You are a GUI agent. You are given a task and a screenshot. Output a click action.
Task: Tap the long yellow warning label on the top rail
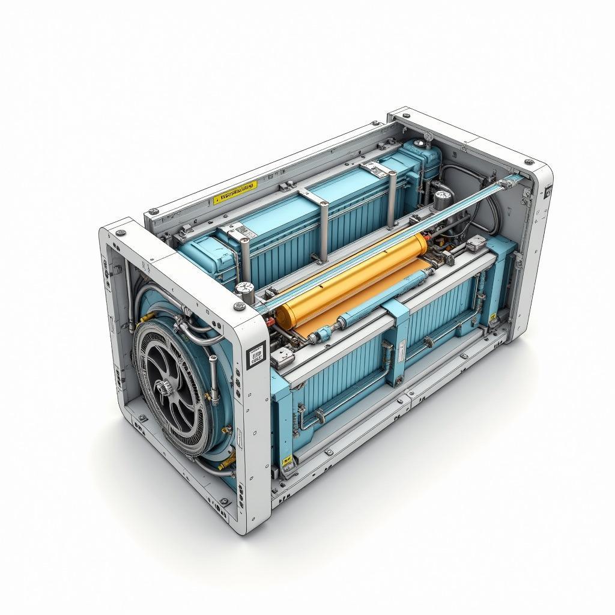pos(235,192)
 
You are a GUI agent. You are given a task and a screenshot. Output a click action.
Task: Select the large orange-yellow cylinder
pos(354,279)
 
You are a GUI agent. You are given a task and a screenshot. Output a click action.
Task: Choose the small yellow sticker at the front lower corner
pos(287,460)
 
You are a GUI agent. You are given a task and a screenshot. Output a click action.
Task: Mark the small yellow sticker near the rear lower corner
pos(493,317)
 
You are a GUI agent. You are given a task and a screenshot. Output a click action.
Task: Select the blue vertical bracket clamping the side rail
pos(397,342)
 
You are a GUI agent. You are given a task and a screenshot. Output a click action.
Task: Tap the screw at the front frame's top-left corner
pos(121,231)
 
